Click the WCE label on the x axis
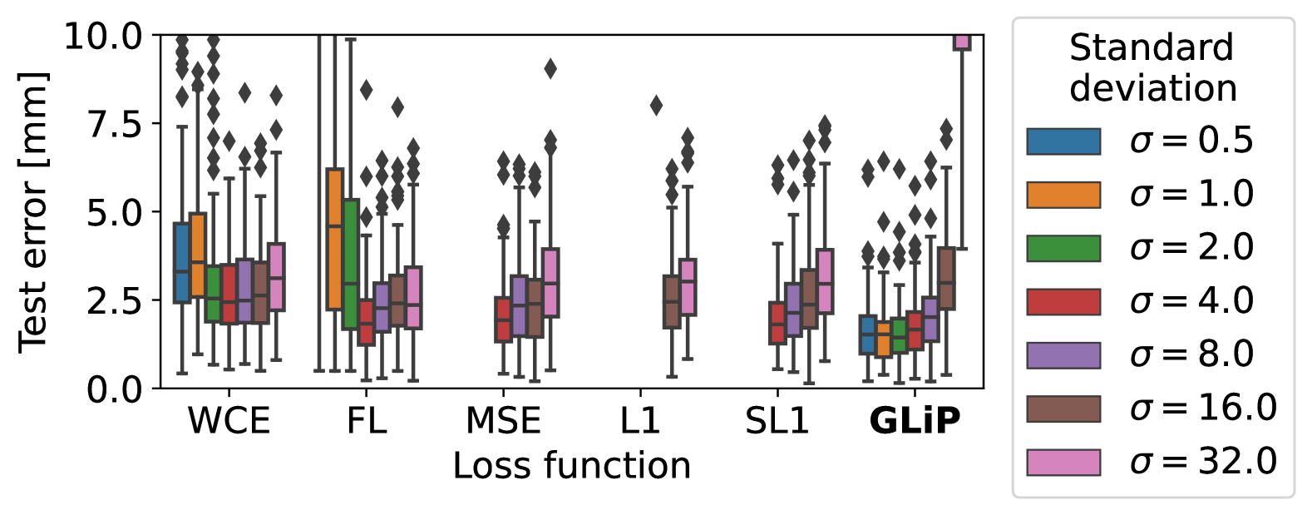(229, 421)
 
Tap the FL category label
(367, 421)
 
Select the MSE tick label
(503, 421)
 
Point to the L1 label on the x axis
(640, 421)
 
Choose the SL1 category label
(777, 421)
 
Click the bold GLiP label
(915, 421)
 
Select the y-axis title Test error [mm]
(33, 212)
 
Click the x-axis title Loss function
(572, 466)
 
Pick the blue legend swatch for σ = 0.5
(1063, 141)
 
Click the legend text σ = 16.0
(1203, 408)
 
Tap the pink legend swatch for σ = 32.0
(1063, 462)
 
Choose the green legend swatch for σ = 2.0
(1063, 248)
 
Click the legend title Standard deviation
(1152, 68)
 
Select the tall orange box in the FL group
(334, 240)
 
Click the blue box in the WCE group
(181, 263)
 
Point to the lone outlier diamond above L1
(656, 106)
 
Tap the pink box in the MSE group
(550, 283)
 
